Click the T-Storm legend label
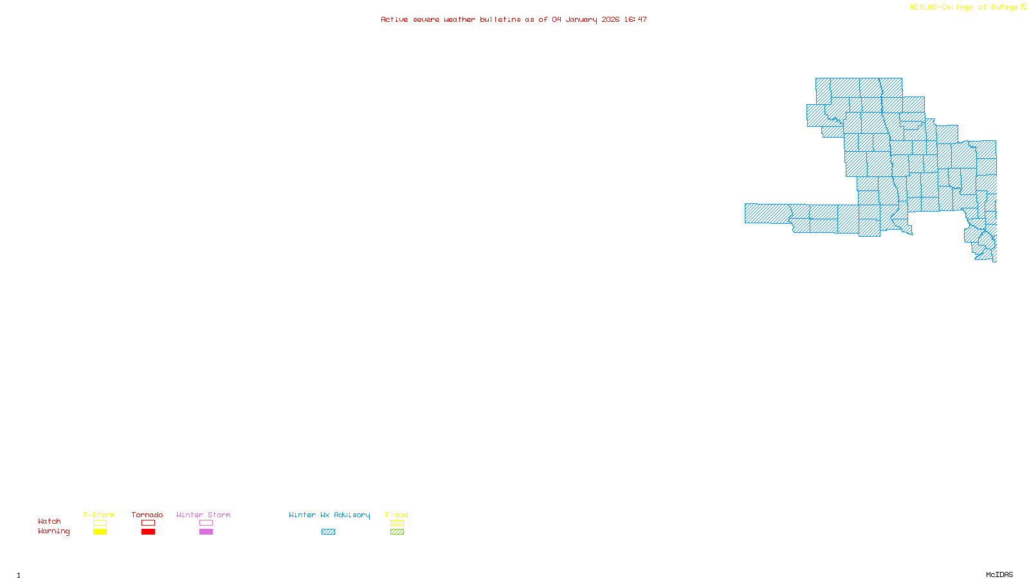[99, 515]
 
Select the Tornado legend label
[147, 515]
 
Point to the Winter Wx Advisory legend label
[329, 515]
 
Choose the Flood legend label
[397, 515]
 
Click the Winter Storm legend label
[203, 515]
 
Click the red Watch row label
[50, 521]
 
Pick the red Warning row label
[54, 531]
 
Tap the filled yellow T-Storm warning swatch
[100, 532]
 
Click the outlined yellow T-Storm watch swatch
[100, 523]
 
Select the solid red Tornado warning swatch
[149, 532]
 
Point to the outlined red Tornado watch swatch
[149, 523]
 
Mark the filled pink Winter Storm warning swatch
[206, 532]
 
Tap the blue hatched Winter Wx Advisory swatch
[329, 532]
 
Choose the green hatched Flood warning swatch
[397, 532]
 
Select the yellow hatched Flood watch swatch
[397, 523]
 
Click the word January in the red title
[581, 20]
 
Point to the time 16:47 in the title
[635, 20]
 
